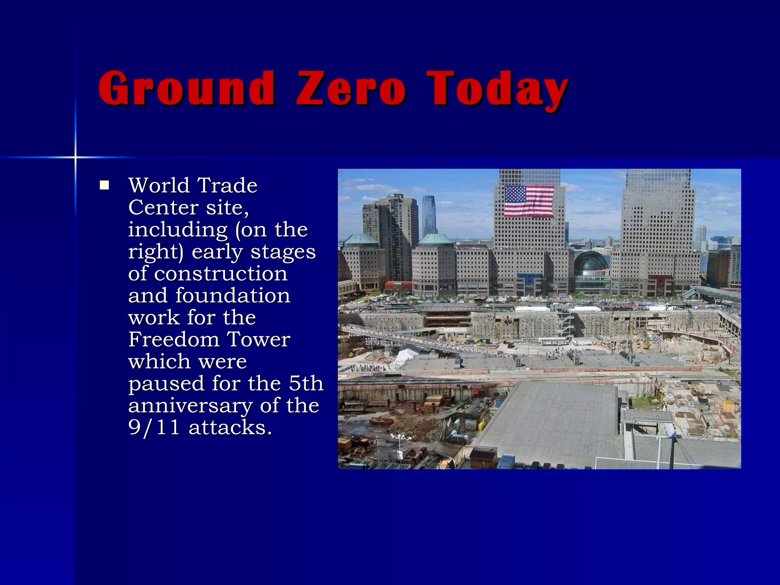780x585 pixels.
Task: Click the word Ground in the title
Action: tap(187, 88)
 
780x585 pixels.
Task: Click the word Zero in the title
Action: tap(351, 88)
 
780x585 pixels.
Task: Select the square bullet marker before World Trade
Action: tap(104, 185)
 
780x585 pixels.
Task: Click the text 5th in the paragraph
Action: tap(306, 383)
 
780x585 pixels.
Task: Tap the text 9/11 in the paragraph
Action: tap(154, 427)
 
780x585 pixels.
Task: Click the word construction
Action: tap(221, 273)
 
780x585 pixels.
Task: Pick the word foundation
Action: tap(233, 296)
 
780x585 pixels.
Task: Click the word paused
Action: tap(166, 384)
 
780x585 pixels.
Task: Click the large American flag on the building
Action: tap(529, 201)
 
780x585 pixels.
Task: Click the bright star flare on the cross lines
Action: tap(75, 157)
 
